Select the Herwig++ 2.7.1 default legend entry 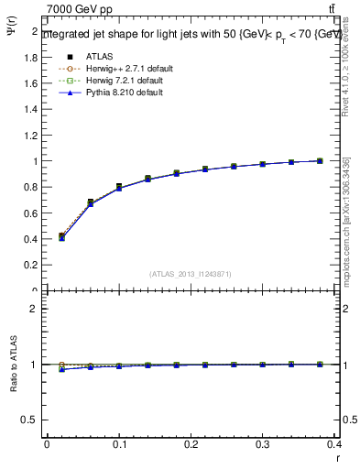pos(126,68)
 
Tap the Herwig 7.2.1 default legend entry pos(125,80)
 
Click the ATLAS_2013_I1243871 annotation pos(190,275)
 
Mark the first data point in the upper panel pos(61,236)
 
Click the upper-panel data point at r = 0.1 pos(119,187)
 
